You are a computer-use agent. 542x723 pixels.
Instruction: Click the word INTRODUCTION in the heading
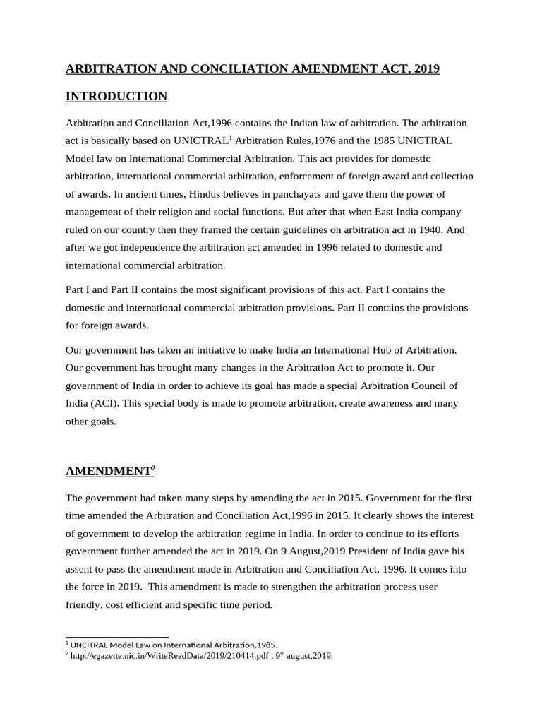116,96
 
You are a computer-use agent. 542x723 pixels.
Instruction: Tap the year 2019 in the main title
426,68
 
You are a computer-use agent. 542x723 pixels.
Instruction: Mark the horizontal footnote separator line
116,638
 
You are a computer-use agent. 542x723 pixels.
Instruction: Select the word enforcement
318,176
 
